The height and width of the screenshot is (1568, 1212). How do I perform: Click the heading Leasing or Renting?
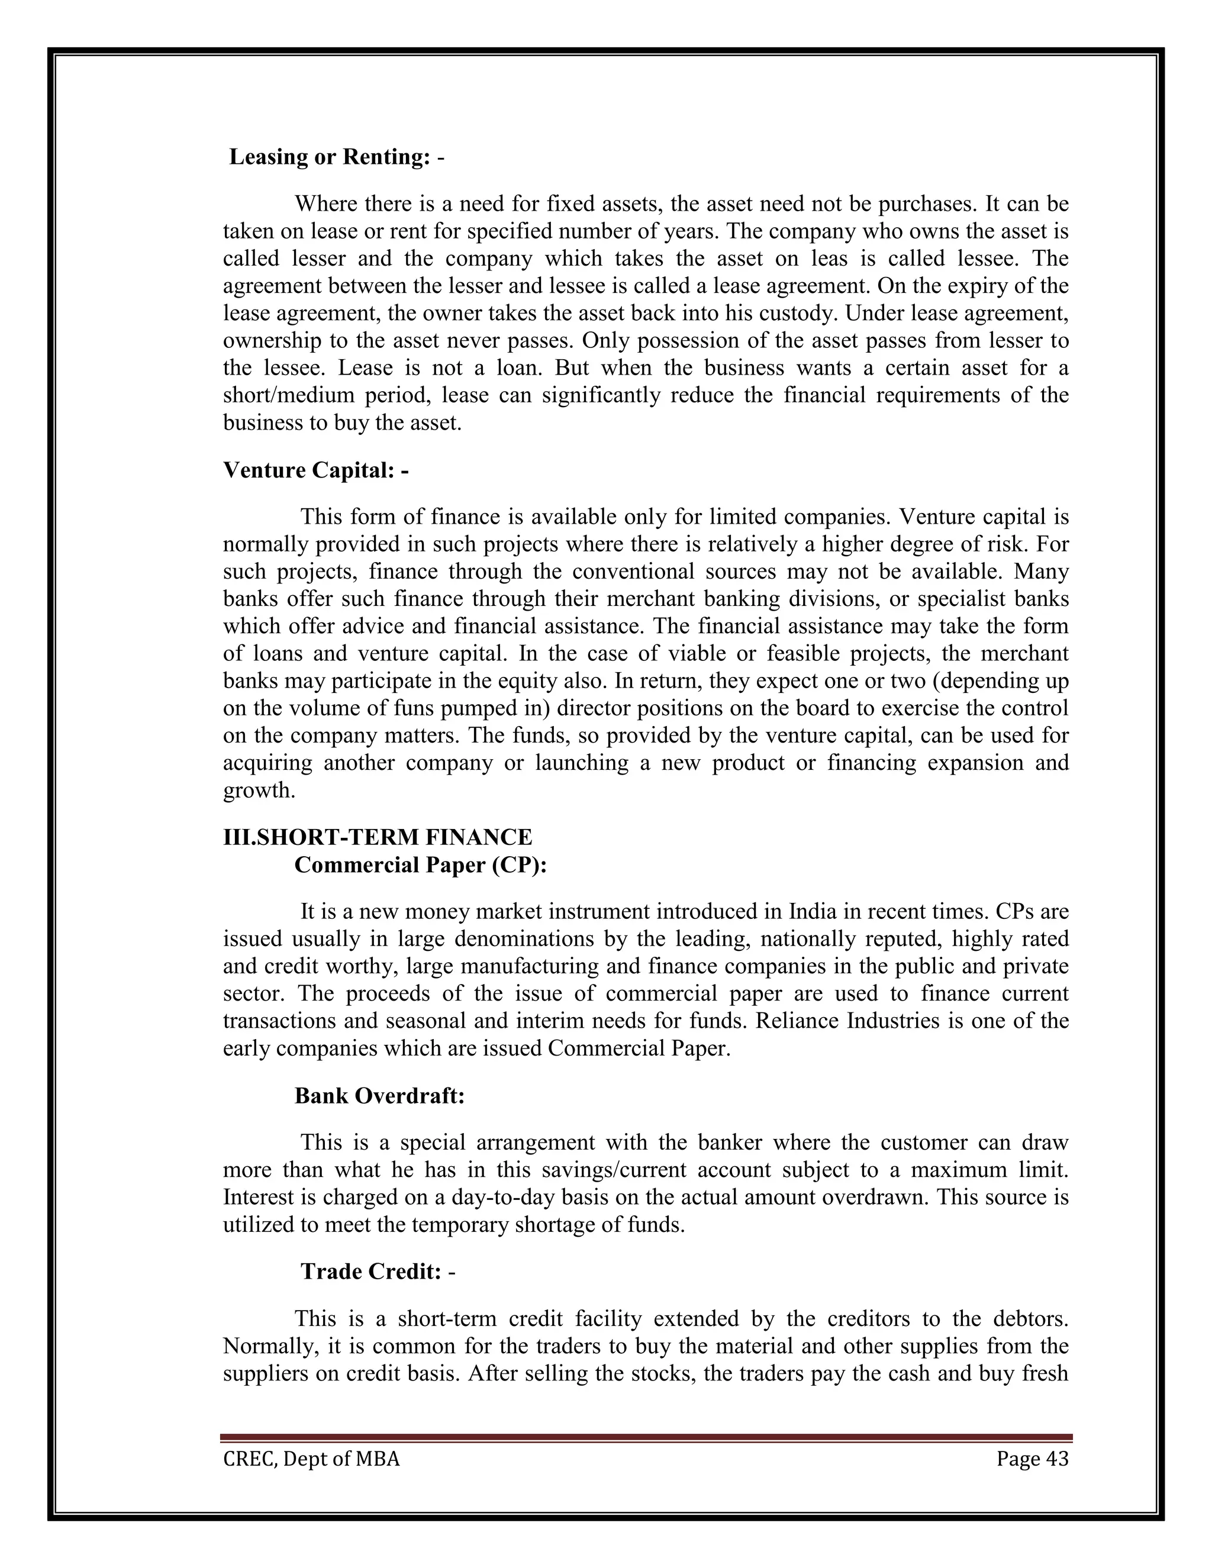click(x=336, y=157)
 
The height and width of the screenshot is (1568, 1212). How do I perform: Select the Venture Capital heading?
click(x=316, y=470)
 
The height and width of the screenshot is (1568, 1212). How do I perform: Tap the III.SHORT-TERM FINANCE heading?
click(x=378, y=837)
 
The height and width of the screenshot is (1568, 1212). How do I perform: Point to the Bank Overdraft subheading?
click(x=380, y=1096)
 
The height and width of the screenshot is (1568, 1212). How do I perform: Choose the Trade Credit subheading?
click(x=378, y=1272)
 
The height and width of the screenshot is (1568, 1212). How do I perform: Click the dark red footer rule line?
click(x=646, y=1438)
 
